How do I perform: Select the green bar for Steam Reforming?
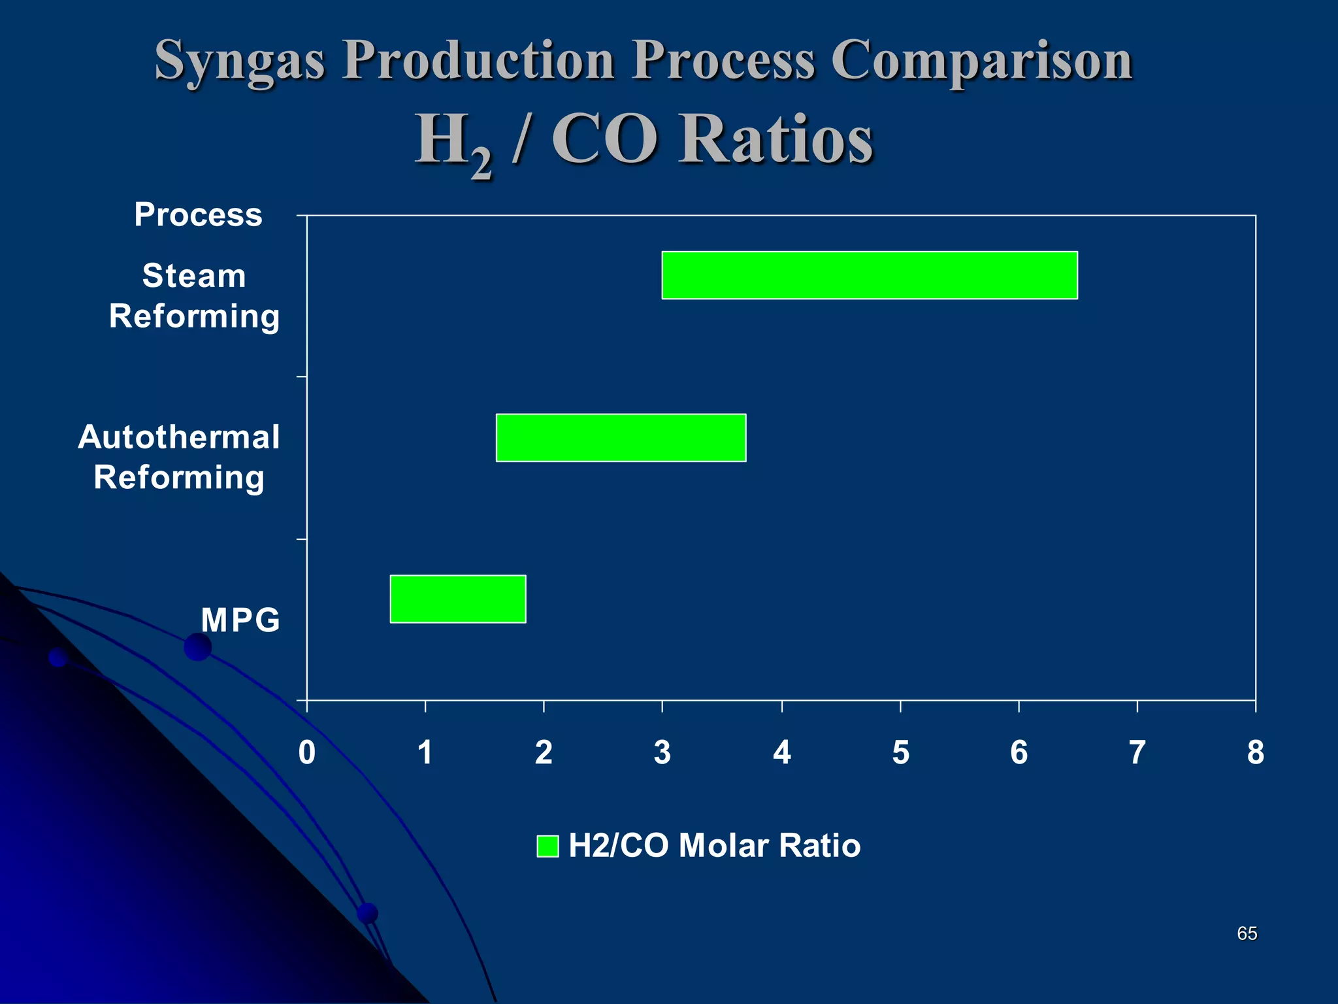(869, 275)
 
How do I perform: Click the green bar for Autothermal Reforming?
(621, 437)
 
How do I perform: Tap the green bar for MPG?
(457, 599)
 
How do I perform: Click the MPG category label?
(240, 620)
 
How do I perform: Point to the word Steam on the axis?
(194, 275)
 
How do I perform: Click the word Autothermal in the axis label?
(178, 437)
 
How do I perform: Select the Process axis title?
(198, 214)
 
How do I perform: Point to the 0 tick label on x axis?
(306, 752)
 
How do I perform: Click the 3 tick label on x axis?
(662, 752)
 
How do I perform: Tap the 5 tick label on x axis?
(900, 752)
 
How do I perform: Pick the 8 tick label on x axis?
(1255, 752)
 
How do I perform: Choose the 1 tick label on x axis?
(425, 752)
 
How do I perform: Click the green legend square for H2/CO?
(547, 846)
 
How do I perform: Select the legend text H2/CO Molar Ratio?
(714, 845)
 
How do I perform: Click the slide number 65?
(1247, 933)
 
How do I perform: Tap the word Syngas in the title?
(239, 60)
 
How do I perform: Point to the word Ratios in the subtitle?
(775, 139)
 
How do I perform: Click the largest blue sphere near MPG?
(197, 646)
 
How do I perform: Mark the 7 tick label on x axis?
(1137, 752)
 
